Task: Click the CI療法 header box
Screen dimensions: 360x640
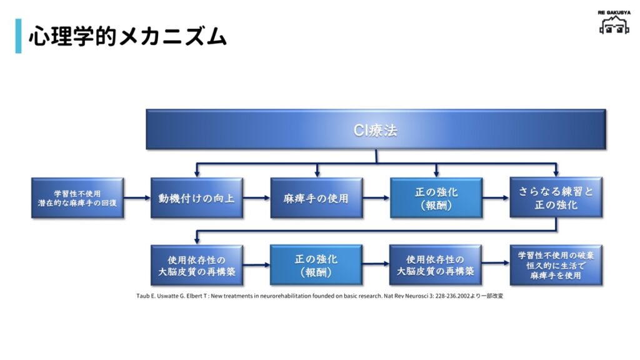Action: pyautogui.click(x=376, y=130)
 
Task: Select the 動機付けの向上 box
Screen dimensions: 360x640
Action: pyautogui.click(x=197, y=198)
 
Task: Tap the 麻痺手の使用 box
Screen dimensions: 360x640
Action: pyautogui.click(x=316, y=198)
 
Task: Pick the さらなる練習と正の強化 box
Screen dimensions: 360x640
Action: pyautogui.click(x=556, y=198)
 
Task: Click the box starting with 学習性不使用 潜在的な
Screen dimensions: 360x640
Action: pyautogui.click(x=77, y=198)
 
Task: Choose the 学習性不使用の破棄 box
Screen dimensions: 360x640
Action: pyautogui.click(x=556, y=265)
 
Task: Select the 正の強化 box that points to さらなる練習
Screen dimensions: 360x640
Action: pyautogui.click(x=436, y=198)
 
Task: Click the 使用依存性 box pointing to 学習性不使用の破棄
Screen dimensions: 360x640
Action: pyautogui.click(x=436, y=265)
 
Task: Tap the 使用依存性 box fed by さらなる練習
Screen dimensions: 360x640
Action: pyautogui.click(x=197, y=265)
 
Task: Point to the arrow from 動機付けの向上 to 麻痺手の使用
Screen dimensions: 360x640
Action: pyautogui.click(x=256, y=198)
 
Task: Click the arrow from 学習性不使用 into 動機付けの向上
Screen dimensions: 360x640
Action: pyautogui.click(x=137, y=198)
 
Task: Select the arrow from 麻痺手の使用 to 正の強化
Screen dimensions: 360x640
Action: pyautogui.click(x=376, y=198)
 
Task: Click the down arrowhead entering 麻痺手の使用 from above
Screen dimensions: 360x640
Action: pyautogui.click(x=317, y=174)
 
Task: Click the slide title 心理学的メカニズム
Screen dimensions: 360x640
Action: pyautogui.click(x=127, y=36)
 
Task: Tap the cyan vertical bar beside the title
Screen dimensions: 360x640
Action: pyautogui.click(x=18, y=36)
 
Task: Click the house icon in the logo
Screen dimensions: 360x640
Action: pyautogui.click(x=614, y=26)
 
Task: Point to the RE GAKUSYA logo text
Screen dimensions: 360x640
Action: pyautogui.click(x=614, y=12)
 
